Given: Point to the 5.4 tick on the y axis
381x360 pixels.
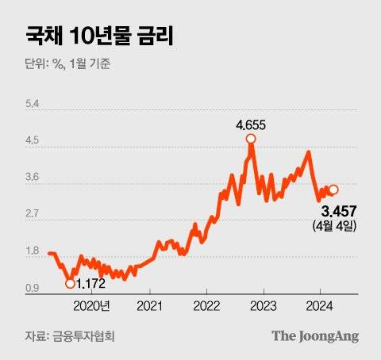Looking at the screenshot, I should click(33, 105).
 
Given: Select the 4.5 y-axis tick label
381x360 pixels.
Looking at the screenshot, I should click(33, 142).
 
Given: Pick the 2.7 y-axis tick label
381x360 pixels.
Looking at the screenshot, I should click(33, 215).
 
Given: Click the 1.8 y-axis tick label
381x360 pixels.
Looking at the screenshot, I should click(33, 252).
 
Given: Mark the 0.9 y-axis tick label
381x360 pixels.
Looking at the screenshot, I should click(33, 289).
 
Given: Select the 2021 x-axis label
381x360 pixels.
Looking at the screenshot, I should click(150, 305).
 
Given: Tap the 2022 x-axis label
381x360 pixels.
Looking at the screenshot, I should click(206, 305).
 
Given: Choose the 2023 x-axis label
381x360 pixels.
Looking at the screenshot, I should click(263, 305).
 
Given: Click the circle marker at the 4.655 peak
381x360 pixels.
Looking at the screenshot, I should click(251, 139).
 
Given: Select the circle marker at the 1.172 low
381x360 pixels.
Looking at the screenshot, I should click(70, 283).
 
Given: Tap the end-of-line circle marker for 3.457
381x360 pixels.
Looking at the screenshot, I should click(334, 189).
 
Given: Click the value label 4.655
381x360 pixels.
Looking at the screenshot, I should click(251, 124).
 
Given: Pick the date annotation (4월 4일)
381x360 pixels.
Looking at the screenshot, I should click(337, 227).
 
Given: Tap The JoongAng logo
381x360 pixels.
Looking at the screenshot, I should click(315, 335).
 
